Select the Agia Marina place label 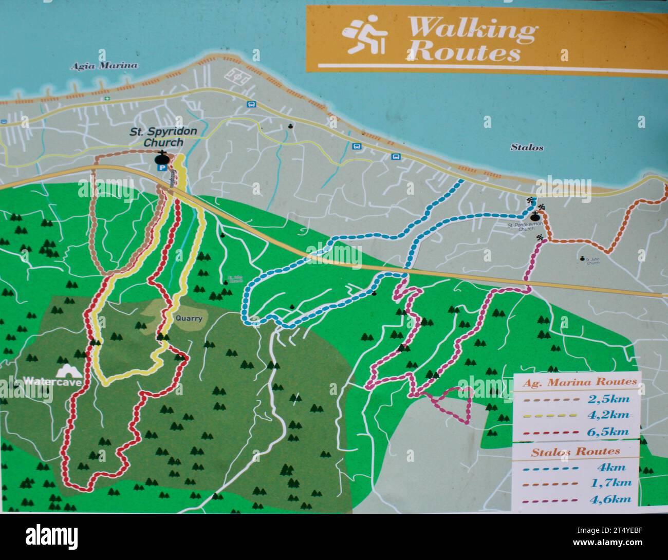pyautogui.click(x=104, y=65)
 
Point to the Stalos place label pyautogui.click(x=527, y=147)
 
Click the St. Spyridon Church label pyautogui.click(x=163, y=137)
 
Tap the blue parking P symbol pyautogui.click(x=162, y=167)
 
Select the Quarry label pyautogui.click(x=189, y=318)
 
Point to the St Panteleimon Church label pyautogui.click(x=527, y=227)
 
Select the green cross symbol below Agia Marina pyautogui.click(x=107, y=98)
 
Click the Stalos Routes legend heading pyautogui.click(x=575, y=452)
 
